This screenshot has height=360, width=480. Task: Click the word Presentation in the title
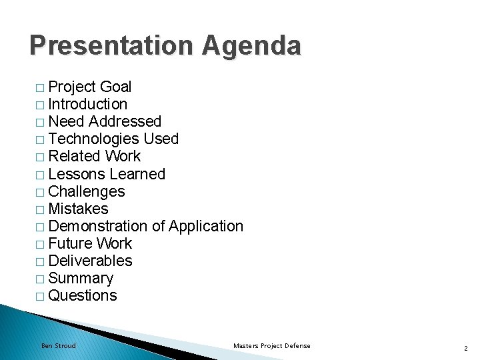point(110,46)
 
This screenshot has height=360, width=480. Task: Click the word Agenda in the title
point(252,46)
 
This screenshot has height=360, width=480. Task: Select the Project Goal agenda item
point(90,87)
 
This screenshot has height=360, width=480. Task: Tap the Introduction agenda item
point(88,104)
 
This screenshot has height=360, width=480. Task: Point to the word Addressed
point(125,121)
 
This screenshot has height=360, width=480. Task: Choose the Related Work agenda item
point(95,156)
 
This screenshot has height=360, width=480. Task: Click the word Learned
point(137,174)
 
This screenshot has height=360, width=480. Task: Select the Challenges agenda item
point(87,191)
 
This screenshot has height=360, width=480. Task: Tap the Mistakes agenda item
point(78,209)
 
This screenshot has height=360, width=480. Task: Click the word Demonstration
point(98,226)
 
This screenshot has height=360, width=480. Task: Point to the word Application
point(206,226)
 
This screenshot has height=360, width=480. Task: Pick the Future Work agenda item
point(90,243)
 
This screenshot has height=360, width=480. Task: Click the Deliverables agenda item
point(91,261)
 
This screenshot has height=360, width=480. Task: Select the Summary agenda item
point(81,278)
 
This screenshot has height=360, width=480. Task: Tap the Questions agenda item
point(83,295)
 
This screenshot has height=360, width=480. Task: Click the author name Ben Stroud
point(59,345)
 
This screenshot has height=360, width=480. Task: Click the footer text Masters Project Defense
point(272,345)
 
